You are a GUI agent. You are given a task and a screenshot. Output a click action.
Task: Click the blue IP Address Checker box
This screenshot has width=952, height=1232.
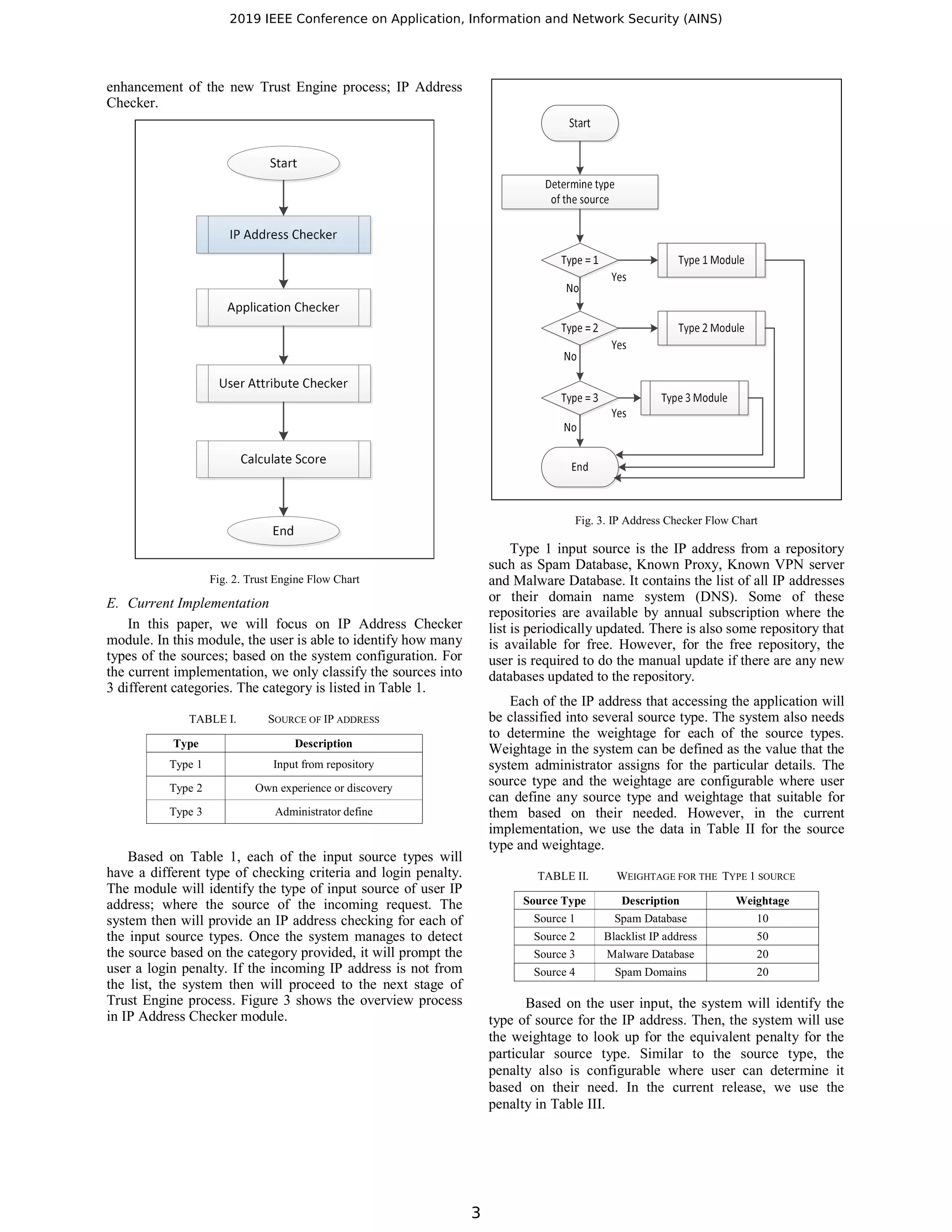pos(283,235)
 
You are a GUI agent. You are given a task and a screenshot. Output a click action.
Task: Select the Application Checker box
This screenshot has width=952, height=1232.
pos(283,307)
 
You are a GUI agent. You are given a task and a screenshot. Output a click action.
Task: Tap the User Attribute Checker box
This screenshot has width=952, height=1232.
pos(283,384)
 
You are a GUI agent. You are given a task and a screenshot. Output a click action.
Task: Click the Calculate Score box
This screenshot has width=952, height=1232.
pos(283,459)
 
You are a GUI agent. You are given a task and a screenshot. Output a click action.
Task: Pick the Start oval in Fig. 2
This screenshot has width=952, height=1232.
pos(283,164)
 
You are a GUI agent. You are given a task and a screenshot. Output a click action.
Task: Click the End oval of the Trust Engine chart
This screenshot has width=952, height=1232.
pos(283,531)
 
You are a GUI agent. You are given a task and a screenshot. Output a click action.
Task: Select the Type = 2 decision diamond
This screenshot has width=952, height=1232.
pos(579,328)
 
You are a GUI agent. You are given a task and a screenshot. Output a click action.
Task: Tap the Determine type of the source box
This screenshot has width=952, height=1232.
pos(579,192)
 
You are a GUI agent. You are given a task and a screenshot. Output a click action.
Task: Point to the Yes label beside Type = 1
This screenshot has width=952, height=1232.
pos(619,278)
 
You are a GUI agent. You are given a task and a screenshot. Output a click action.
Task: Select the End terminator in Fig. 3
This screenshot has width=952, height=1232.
pos(579,467)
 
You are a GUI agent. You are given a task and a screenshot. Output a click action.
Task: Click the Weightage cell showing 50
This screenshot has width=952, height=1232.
pos(762,936)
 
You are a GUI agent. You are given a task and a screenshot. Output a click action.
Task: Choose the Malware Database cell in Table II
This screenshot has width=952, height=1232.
pos(650,954)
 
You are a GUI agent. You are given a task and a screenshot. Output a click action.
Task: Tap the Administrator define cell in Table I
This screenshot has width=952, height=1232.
pos(323,812)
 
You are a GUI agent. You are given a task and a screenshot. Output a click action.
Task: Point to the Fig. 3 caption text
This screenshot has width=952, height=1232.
pos(666,521)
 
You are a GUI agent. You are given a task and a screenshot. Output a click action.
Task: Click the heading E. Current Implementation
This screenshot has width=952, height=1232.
pos(188,603)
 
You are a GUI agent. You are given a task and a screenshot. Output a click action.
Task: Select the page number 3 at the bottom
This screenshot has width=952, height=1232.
pos(476,1212)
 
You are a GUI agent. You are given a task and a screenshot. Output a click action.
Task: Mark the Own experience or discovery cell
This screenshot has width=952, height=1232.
pos(323,788)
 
